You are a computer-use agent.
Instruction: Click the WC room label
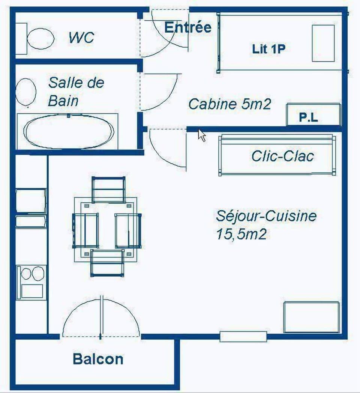tap(81, 38)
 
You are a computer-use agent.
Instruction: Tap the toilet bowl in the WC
tap(40, 38)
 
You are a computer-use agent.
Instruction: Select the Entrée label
tap(188, 27)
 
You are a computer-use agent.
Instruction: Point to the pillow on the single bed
tap(323, 43)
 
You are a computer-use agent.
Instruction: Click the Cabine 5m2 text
tap(229, 104)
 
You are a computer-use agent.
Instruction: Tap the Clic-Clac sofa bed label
tap(282, 156)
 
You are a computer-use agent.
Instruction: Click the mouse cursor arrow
tap(202, 135)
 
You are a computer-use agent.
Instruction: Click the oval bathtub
tap(69, 131)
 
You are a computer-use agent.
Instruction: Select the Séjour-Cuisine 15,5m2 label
tap(265, 225)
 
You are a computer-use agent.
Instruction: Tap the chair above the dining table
tap(108, 189)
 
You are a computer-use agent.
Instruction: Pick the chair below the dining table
tap(107, 263)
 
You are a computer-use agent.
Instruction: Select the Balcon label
tap(98, 359)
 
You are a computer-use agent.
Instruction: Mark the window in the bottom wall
tap(243, 336)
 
